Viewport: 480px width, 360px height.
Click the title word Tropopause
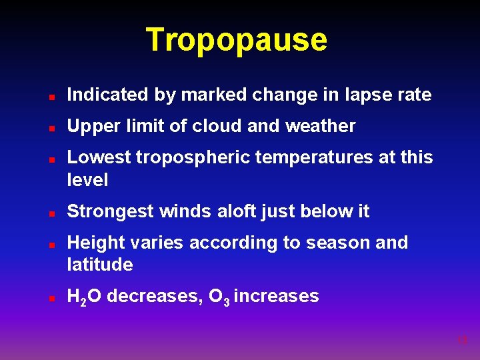click(x=237, y=40)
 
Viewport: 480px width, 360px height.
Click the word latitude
click(x=100, y=265)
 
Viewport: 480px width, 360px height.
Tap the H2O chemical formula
click(x=85, y=296)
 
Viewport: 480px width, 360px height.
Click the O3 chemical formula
click(x=219, y=296)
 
